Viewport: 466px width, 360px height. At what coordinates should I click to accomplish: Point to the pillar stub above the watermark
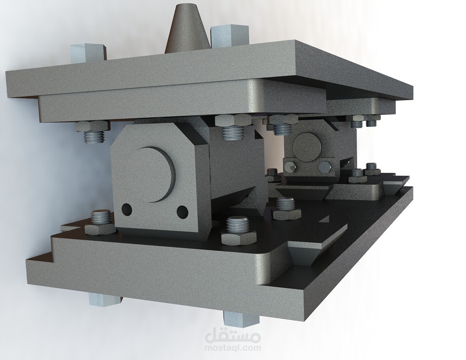tap(241, 317)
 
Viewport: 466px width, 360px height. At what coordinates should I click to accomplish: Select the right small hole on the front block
tap(182, 211)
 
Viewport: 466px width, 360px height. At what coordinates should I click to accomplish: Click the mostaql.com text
tap(233, 348)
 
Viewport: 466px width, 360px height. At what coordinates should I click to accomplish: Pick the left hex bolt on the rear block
tap(290, 167)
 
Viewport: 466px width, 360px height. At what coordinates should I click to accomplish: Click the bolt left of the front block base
tap(101, 222)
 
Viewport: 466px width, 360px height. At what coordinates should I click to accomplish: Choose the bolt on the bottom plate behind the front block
tap(287, 207)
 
